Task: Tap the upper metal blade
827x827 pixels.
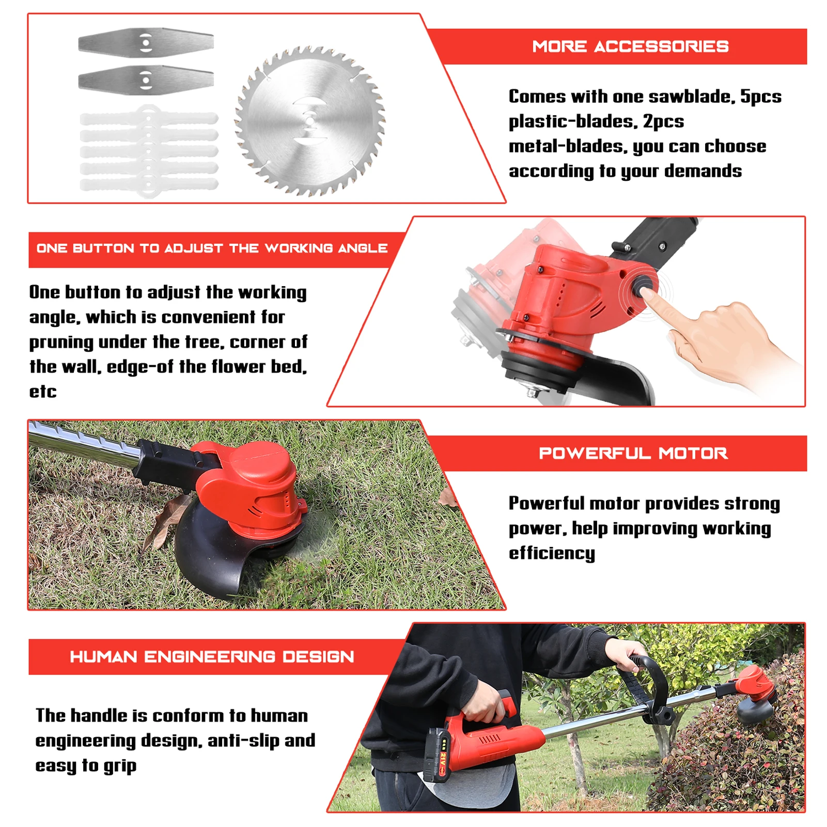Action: click(x=146, y=42)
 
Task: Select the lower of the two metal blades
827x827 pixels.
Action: click(x=146, y=80)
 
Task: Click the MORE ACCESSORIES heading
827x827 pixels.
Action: click(x=630, y=46)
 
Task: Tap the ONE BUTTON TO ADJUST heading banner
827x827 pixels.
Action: click(x=212, y=248)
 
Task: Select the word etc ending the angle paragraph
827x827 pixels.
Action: click(x=42, y=392)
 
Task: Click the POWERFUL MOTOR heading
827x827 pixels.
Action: click(x=633, y=454)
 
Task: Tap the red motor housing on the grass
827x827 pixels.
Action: click(x=258, y=486)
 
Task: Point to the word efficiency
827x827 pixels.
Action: click(x=551, y=553)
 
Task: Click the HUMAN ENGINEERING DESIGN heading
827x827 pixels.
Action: click(x=212, y=657)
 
